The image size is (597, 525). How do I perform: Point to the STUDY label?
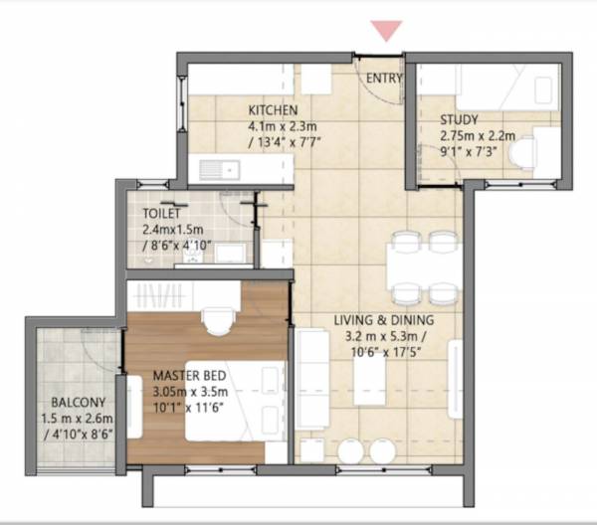click(x=460, y=121)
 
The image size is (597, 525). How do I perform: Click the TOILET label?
click(x=161, y=213)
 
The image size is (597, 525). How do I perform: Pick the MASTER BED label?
click(x=189, y=376)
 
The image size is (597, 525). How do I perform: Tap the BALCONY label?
click(x=76, y=404)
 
